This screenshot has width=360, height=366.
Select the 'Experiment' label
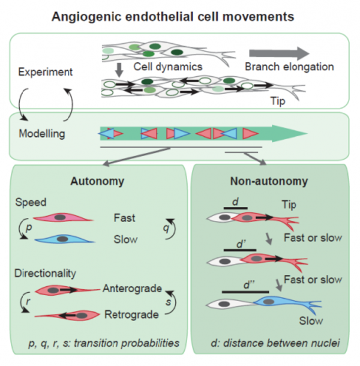[38, 72]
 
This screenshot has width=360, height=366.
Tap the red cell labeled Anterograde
[63, 290]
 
